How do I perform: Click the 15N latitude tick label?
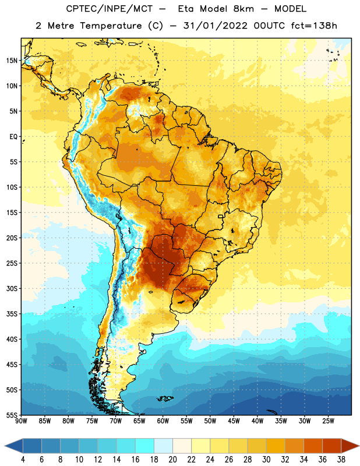(12, 61)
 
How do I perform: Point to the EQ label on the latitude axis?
(13, 137)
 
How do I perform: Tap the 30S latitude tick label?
(12, 288)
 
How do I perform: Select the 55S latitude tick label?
(12, 415)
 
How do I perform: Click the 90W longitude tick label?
(21, 421)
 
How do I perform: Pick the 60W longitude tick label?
(163, 421)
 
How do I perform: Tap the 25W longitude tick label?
(328, 421)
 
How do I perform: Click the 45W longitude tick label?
(234, 421)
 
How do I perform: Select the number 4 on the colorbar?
(23, 460)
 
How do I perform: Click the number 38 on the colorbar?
(341, 460)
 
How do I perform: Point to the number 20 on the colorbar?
(172, 460)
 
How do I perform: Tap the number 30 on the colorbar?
(266, 460)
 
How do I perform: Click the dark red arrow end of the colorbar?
(350, 446)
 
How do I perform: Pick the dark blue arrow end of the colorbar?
(14, 446)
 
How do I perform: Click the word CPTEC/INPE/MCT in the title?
(109, 9)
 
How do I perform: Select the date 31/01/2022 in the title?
(215, 26)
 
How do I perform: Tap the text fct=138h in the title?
(314, 26)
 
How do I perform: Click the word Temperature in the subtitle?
(111, 26)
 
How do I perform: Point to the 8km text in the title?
(243, 9)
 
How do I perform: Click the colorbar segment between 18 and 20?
(164, 446)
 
